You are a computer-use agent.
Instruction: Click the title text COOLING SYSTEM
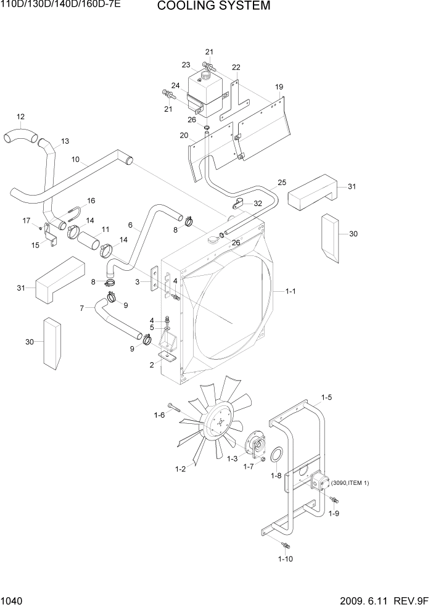213,7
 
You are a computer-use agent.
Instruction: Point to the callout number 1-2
179,470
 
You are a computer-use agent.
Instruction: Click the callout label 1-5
326,398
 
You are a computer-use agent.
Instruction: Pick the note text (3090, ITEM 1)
350,482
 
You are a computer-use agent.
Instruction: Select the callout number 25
281,183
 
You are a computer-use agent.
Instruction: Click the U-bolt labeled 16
72,213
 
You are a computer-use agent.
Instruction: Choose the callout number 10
75,160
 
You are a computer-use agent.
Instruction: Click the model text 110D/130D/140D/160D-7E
60,5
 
